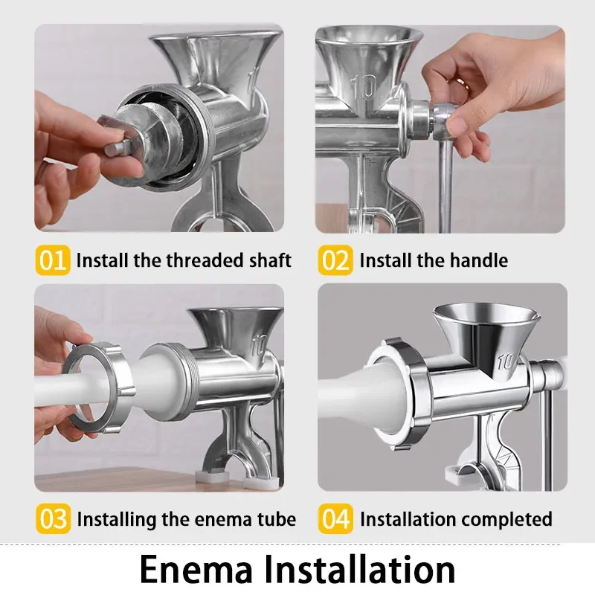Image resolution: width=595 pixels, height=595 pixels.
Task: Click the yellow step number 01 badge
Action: click(x=53, y=260)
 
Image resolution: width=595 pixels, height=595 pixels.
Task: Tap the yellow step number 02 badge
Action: click(x=335, y=260)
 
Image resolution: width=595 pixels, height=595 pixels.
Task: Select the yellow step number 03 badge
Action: click(x=53, y=518)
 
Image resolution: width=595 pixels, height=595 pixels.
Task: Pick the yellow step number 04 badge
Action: click(x=335, y=518)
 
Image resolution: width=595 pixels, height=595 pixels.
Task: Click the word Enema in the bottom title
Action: click(x=196, y=569)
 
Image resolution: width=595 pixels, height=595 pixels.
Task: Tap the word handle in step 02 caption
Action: click(x=480, y=260)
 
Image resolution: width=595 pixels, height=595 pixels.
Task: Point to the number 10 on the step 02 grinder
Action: click(x=366, y=89)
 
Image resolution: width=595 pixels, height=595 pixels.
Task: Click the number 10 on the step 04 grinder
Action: click(x=506, y=362)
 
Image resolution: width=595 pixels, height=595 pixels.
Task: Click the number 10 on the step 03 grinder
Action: click(x=258, y=346)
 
